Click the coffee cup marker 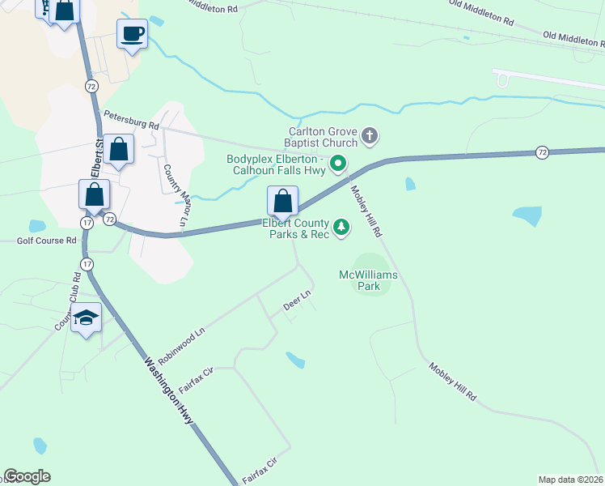(133, 34)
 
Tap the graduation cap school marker (86, 318)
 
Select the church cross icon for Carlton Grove (369, 135)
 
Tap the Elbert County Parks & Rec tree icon (341, 228)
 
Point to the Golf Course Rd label (48, 241)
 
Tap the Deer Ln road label (297, 301)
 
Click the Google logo (27, 476)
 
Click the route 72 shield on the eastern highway (542, 152)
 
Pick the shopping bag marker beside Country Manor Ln (118, 149)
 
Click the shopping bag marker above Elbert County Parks (282, 200)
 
